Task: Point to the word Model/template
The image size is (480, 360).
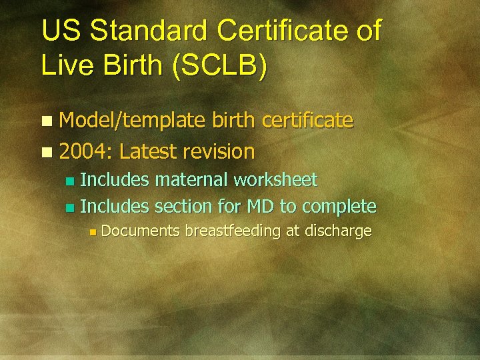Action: [x=133, y=121]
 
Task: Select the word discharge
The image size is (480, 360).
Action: [x=339, y=232]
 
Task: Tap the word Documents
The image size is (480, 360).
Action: [x=141, y=231]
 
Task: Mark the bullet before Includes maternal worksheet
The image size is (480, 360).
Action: [x=70, y=181]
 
